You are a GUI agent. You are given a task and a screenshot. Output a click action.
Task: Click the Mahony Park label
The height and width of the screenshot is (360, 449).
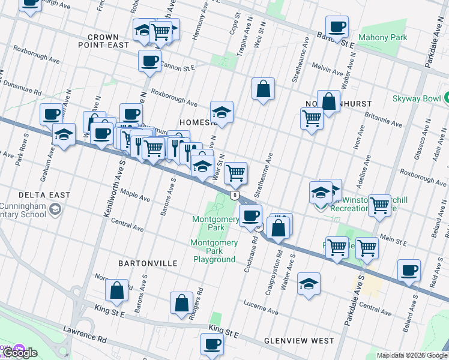382,37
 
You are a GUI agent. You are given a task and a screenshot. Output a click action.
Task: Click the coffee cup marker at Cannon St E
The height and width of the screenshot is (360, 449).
149,61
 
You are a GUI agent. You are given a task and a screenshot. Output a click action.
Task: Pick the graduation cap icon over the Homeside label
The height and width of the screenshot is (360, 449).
221,112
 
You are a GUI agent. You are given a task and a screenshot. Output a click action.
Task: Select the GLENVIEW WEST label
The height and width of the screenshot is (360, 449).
299,341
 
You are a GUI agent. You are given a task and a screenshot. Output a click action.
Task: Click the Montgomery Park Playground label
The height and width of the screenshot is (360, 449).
214,251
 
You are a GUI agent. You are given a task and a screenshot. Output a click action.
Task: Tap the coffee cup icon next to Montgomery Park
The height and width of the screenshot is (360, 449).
250,215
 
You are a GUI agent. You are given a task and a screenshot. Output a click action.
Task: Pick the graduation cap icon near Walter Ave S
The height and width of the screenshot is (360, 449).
309,284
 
